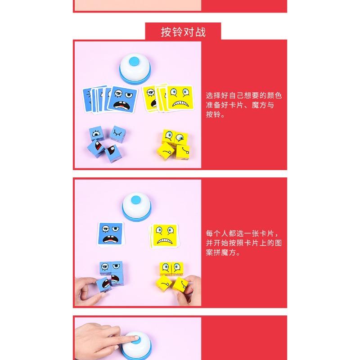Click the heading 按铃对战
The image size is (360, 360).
click(x=183, y=32)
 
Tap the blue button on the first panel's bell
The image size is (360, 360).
click(x=134, y=61)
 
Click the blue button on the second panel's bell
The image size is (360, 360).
click(x=136, y=200)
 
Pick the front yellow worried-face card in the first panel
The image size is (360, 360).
click(x=180, y=98)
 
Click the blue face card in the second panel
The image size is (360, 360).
click(x=110, y=234)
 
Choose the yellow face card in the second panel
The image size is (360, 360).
click(x=165, y=236)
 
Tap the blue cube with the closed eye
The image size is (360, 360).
click(x=117, y=134)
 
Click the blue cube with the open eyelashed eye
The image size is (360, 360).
click(x=96, y=133)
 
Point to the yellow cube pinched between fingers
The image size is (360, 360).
click(x=181, y=285)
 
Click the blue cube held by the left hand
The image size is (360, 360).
click(x=103, y=285)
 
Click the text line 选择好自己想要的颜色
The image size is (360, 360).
click(x=243, y=95)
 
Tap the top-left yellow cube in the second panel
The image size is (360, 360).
click(x=166, y=269)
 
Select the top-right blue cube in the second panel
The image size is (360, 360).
click(x=117, y=267)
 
